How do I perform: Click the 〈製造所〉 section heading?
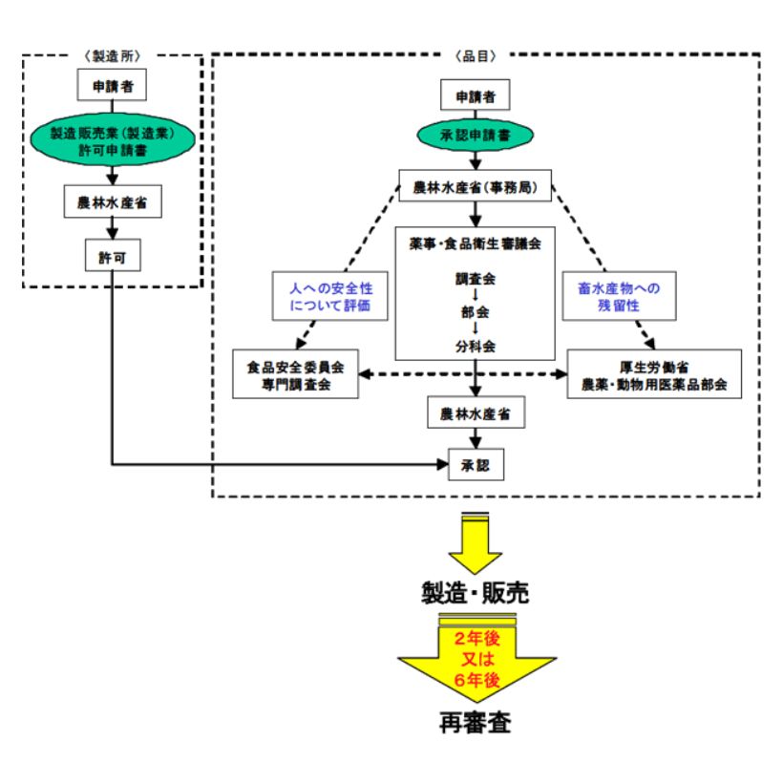click(113, 55)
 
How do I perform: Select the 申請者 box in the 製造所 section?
click(112, 87)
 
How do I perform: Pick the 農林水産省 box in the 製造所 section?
click(112, 201)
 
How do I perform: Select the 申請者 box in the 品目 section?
click(475, 95)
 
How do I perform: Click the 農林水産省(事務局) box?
click(476, 187)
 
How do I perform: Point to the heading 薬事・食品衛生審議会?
click(476, 243)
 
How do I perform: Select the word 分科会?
click(476, 346)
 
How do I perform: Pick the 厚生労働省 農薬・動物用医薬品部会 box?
click(655, 374)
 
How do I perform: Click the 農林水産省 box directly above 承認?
click(476, 414)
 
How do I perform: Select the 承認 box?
click(476, 465)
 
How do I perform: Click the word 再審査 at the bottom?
click(476, 723)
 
